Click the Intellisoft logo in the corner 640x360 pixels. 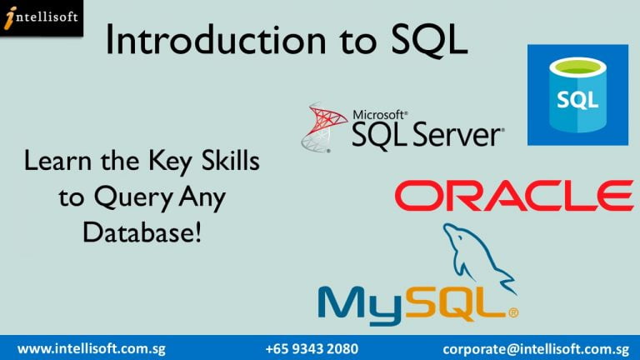pyautogui.click(x=41, y=18)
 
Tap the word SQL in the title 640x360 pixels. pyautogui.click(x=429, y=40)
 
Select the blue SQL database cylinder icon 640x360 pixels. pyautogui.click(x=577, y=95)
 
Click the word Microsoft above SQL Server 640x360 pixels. pyautogui.click(x=380, y=115)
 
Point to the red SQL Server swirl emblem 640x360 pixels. pyautogui.click(x=323, y=127)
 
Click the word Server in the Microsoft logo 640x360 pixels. pyautogui.click(x=458, y=135)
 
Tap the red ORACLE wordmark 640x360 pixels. pyautogui.click(x=514, y=196)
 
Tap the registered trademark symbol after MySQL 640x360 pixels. pyautogui.click(x=513, y=313)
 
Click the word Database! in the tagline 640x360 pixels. pyautogui.click(x=142, y=232)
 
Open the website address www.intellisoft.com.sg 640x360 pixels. pyautogui.click(x=92, y=349)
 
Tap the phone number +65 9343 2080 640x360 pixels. pyautogui.click(x=312, y=349)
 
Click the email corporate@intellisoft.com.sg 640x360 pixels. pyautogui.click(x=536, y=349)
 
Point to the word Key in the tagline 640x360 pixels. pyautogui.click(x=169, y=162)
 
